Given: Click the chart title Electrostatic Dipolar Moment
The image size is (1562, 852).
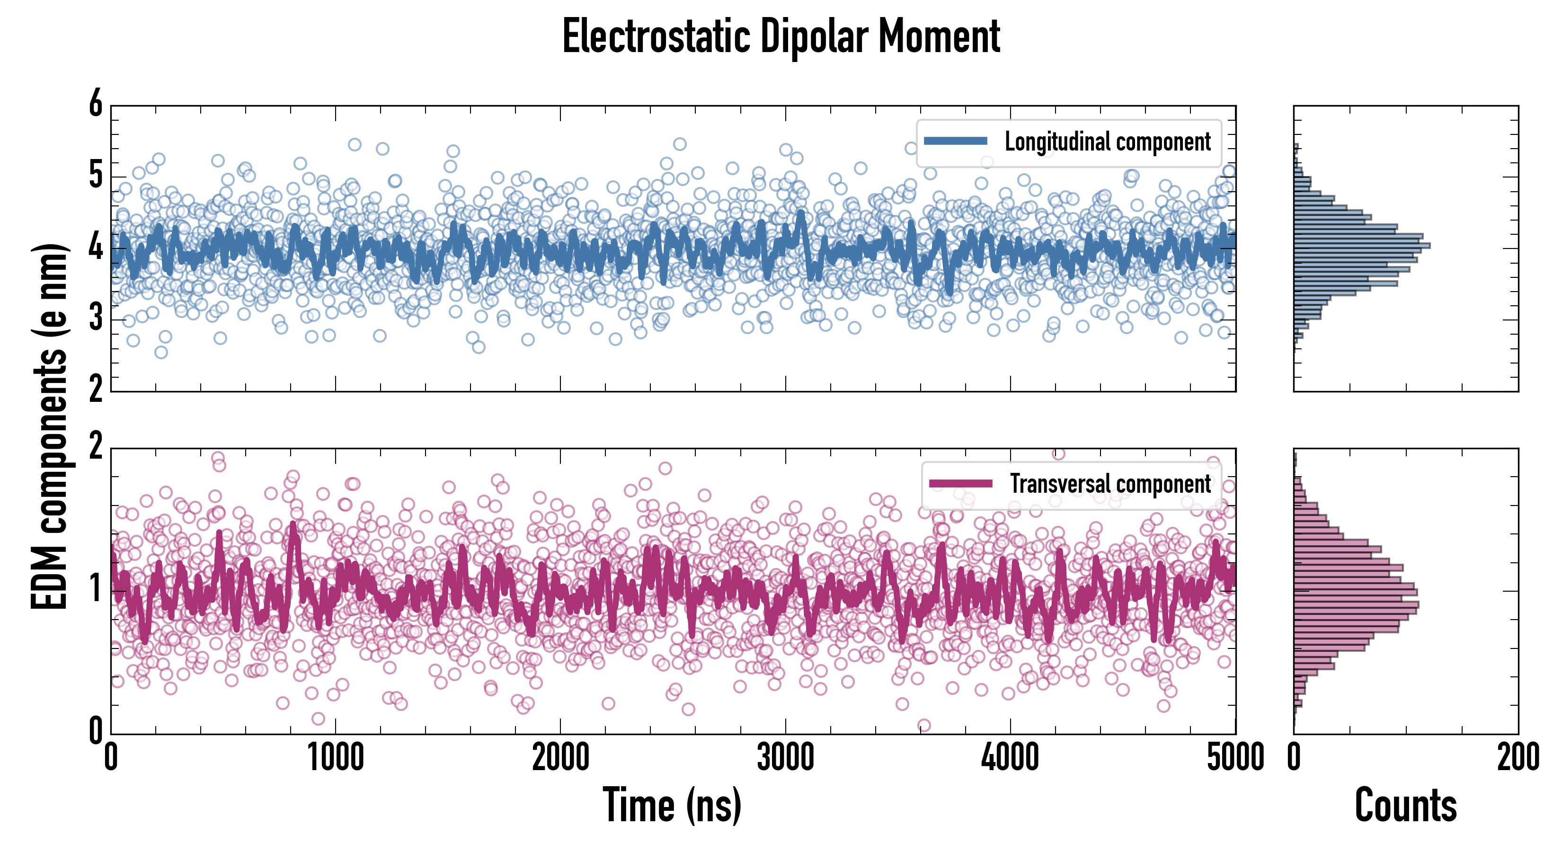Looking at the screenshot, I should point(781,37).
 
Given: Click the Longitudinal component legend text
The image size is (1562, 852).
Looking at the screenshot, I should point(1107,142).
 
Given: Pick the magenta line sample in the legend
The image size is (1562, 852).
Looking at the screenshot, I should point(960,483).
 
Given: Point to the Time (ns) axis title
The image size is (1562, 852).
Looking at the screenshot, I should point(672,805).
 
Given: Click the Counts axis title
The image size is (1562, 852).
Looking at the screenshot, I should point(1405,805).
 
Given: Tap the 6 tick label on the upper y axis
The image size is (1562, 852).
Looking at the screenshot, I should point(96,104).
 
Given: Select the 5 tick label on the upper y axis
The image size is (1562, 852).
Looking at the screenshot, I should point(96,176).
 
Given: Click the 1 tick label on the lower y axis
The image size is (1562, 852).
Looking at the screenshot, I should point(96,589).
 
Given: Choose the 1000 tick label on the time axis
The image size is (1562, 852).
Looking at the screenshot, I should point(335,758).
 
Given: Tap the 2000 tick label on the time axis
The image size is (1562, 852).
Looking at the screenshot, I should point(560,758).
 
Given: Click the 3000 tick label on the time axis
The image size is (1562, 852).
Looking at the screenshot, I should point(785,758).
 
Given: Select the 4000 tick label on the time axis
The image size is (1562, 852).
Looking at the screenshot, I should point(1010,758).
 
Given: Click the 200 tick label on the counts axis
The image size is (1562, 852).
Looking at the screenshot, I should point(1518,758).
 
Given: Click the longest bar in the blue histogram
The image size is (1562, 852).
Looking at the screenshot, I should point(1362,246).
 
